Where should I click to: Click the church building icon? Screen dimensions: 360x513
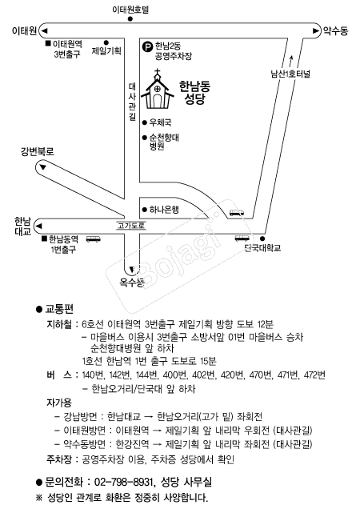[158, 89]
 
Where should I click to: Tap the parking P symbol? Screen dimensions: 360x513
[148, 46]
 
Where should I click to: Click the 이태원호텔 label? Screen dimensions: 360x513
[130, 10]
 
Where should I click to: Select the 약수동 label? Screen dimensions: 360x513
[335, 31]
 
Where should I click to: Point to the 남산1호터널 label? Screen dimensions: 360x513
[290, 74]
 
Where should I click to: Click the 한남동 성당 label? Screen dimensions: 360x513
[195, 93]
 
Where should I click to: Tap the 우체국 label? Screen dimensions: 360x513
[160, 122]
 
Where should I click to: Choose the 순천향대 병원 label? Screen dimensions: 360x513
[164, 142]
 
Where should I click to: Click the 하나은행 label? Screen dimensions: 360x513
[164, 210]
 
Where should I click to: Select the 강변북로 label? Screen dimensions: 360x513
[38, 151]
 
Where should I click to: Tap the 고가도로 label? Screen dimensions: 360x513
[131, 226]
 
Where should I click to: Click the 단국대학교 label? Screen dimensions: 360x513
[263, 247]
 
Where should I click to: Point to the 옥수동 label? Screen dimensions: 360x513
[132, 282]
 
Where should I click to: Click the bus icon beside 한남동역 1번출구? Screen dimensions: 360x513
[93, 239]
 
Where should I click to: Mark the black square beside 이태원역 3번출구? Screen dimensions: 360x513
[48, 43]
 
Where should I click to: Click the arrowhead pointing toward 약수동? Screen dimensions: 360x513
[315, 30]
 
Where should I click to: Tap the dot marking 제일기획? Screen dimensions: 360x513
[106, 42]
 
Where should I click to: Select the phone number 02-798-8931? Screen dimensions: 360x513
[124, 482]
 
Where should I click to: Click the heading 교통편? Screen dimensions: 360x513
[59, 308]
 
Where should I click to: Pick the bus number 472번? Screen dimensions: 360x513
[314, 375]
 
